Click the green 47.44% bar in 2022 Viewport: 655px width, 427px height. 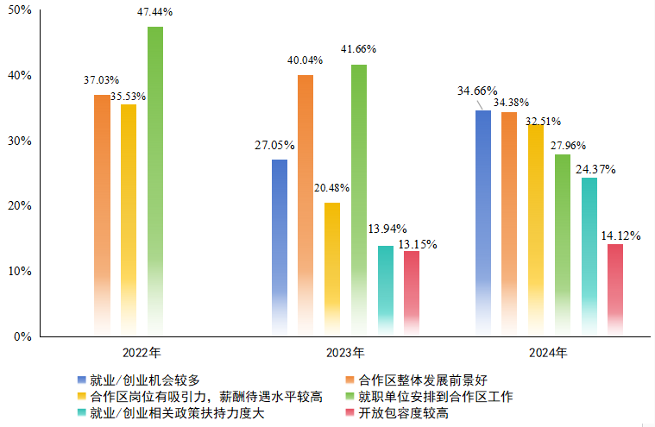(155, 181)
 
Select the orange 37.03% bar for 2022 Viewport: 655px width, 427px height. (102, 216)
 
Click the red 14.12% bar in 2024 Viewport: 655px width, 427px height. (615, 290)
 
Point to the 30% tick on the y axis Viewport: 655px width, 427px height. (19, 141)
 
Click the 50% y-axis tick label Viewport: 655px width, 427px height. (19, 10)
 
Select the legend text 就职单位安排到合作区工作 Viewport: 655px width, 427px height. (435, 397)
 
